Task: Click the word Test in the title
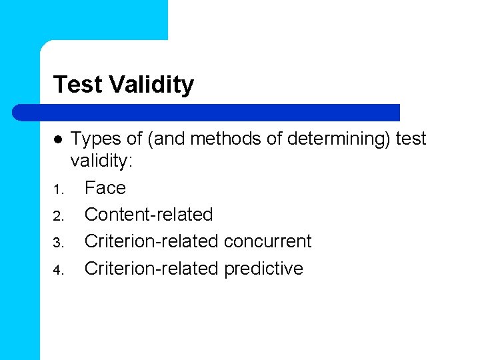click(x=77, y=85)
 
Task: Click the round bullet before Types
click(x=58, y=140)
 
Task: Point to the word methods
click(x=215, y=139)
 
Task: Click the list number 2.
click(x=58, y=216)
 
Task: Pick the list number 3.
click(x=58, y=243)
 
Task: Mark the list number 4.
click(x=58, y=270)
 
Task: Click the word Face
click(x=105, y=188)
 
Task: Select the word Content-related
click(x=149, y=215)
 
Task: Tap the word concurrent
click(x=268, y=241)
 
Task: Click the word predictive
click(x=264, y=269)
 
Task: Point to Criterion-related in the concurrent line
click(x=152, y=241)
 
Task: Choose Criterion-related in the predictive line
click(x=152, y=269)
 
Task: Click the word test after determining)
click(x=411, y=139)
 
